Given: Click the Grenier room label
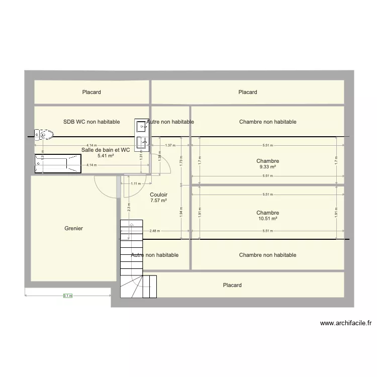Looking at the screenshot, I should coord(73,228).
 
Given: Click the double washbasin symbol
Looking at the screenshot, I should coord(141,135).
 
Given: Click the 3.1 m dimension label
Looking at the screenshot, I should coord(67,296).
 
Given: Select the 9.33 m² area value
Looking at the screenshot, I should coord(267,167).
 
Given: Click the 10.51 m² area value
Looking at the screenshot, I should coord(267,219).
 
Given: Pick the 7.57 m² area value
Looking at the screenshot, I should coord(158,201).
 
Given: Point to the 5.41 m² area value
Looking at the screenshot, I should coord(106,156).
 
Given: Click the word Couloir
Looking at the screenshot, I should coord(158,195).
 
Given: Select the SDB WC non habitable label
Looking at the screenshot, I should coord(91,122).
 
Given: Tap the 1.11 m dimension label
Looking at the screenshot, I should coord(135,183).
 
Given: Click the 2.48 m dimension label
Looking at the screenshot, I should coord(154,231).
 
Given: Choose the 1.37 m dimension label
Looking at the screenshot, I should coord(170,145).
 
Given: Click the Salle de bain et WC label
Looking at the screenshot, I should coord(106,150).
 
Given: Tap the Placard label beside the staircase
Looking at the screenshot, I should coord(232,285).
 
